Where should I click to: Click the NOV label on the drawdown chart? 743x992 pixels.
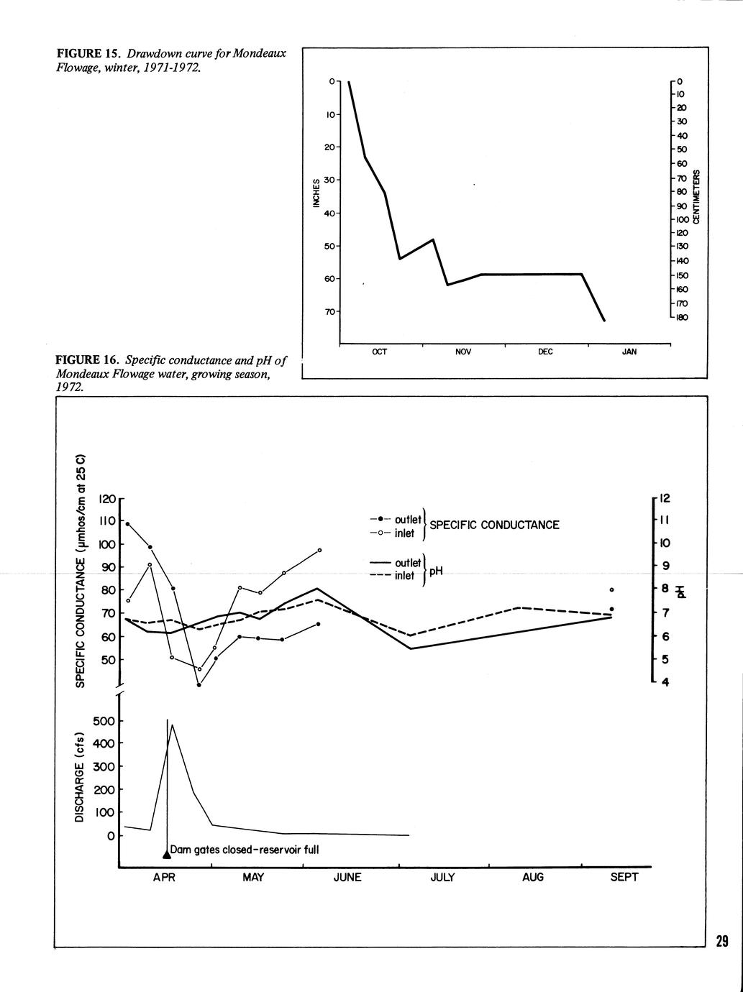[x=463, y=352]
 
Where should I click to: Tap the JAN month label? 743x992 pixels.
[x=629, y=352]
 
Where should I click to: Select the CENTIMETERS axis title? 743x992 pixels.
[x=696, y=197]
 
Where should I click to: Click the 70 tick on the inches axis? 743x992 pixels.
[x=330, y=312]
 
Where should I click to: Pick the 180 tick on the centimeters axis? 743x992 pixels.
[x=681, y=317]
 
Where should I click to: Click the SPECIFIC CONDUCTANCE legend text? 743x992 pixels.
[x=494, y=525]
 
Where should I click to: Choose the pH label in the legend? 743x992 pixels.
[x=436, y=571]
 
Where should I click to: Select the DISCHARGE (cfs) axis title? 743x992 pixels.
[x=80, y=777]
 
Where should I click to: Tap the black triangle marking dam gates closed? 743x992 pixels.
[x=167, y=854]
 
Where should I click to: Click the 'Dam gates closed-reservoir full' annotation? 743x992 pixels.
[x=245, y=850]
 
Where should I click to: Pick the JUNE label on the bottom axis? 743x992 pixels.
[x=347, y=878]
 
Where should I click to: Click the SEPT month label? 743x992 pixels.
[x=624, y=878]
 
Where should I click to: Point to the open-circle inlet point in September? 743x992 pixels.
[x=611, y=589]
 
